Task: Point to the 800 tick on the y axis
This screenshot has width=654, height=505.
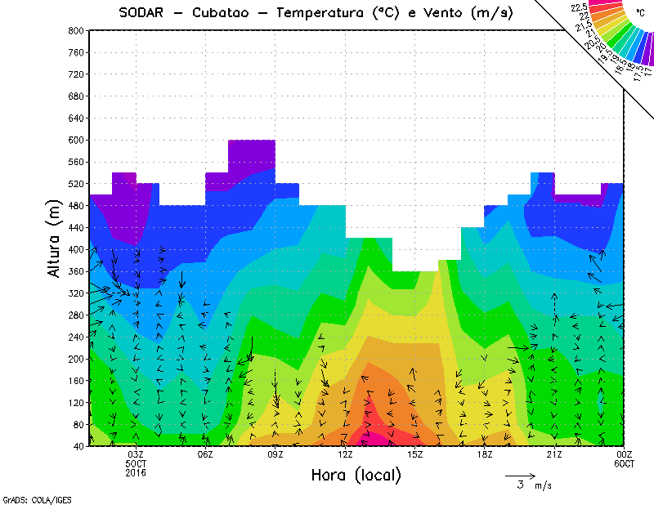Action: click(x=74, y=30)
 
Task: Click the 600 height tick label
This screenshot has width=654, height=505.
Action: click(x=74, y=141)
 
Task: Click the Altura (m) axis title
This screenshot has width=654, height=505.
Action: click(x=54, y=238)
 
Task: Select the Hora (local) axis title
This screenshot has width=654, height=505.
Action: click(x=355, y=475)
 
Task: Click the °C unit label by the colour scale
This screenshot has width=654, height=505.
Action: click(x=640, y=13)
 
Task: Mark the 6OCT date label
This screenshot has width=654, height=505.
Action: click(x=624, y=464)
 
